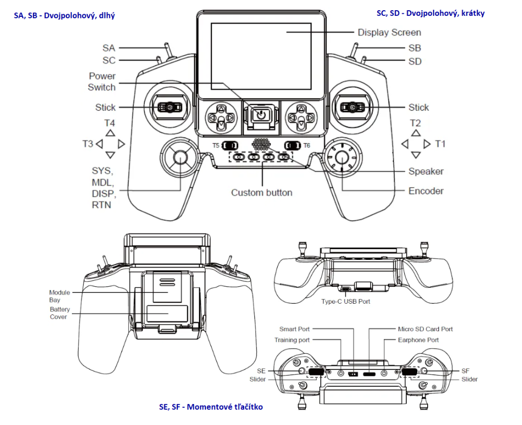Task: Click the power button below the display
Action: [x=261, y=115]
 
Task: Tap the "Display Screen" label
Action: [x=389, y=33]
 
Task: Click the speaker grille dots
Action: [x=261, y=144]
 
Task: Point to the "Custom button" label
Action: [x=262, y=193]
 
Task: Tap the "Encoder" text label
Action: [x=426, y=191]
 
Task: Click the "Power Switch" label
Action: [x=102, y=82]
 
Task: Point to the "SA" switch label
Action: [x=109, y=48]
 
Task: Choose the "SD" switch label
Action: [x=415, y=61]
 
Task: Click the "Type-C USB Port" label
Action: [x=346, y=302]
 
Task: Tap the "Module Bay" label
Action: [x=60, y=296]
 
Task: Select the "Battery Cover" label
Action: [x=59, y=313]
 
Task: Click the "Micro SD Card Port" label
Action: [x=425, y=329]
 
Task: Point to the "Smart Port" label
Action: [x=294, y=329]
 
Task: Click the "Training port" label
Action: [x=292, y=340]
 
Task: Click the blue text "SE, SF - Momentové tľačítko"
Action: [x=211, y=407]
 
